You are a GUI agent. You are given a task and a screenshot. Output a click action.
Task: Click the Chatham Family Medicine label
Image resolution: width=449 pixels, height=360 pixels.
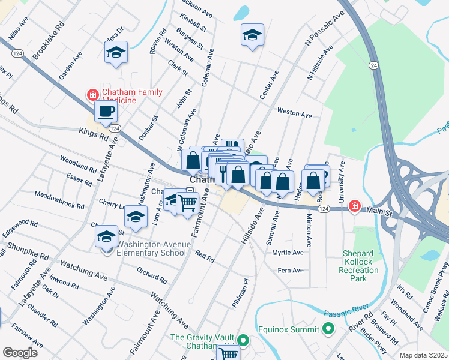click(x=133, y=95)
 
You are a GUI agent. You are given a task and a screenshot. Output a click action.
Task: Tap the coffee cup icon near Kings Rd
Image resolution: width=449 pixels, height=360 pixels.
click(x=106, y=111)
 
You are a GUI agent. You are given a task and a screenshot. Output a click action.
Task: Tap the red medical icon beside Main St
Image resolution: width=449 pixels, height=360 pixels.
click(x=355, y=206)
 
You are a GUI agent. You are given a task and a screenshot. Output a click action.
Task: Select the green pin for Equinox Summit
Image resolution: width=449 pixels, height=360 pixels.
click(x=328, y=329)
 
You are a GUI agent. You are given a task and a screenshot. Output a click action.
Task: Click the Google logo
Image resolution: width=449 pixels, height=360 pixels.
click(x=20, y=353)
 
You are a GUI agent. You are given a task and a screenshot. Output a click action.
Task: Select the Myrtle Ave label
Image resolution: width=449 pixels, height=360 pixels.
click(x=288, y=253)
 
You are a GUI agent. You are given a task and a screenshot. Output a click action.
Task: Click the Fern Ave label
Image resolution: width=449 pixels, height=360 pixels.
click(x=290, y=271)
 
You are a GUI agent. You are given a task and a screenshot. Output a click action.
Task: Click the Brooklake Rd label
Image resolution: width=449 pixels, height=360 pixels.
click(x=49, y=41)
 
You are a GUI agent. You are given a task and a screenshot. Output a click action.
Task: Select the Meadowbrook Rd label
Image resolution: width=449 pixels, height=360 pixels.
click(x=58, y=200)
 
